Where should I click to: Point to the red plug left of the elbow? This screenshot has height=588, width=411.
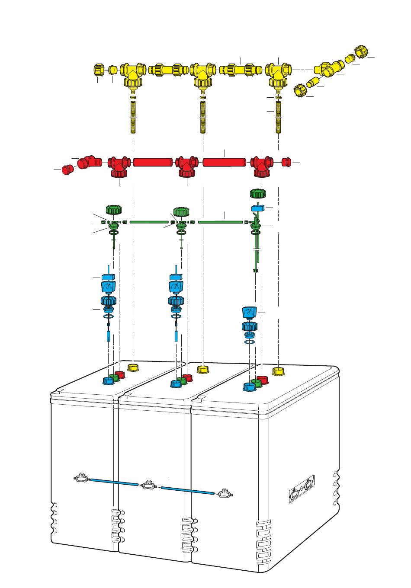(x=66, y=169)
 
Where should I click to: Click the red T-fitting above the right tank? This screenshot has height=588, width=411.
(x=262, y=164)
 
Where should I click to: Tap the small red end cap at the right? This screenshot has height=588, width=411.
(x=286, y=162)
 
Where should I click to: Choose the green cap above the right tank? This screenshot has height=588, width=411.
(x=258, y=194)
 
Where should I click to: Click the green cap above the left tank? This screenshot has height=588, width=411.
(x=114, y=210)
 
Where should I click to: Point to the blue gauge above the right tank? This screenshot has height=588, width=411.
(x=250, y=312)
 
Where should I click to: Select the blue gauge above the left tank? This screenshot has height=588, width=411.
(x=108, y=287)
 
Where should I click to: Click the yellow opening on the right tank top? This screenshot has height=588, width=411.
(x=278, y=371)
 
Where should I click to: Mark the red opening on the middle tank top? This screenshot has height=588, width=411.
(x=187, y=377)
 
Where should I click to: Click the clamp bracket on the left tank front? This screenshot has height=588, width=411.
(x=82, y=479)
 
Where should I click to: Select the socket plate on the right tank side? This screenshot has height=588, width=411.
(x=302, y=489)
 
